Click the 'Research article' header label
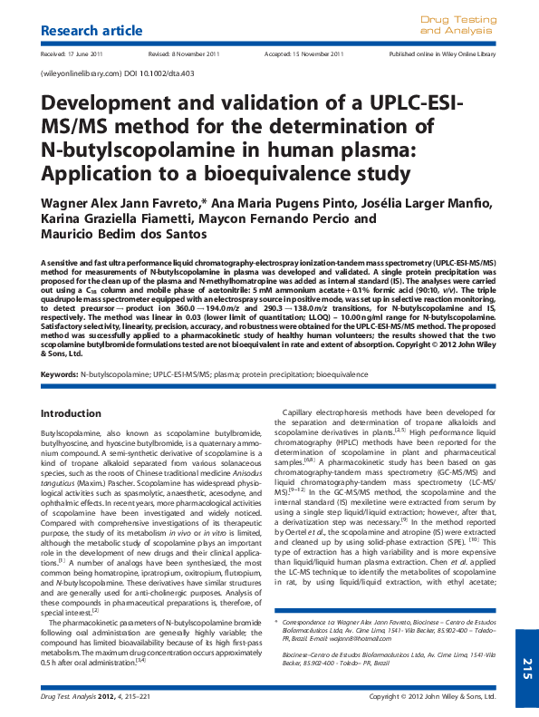(x=92, y=31)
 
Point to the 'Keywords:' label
(x=60, y=373)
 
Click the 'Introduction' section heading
(x=71, y=413)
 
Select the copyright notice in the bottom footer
(x=433, y=697)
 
